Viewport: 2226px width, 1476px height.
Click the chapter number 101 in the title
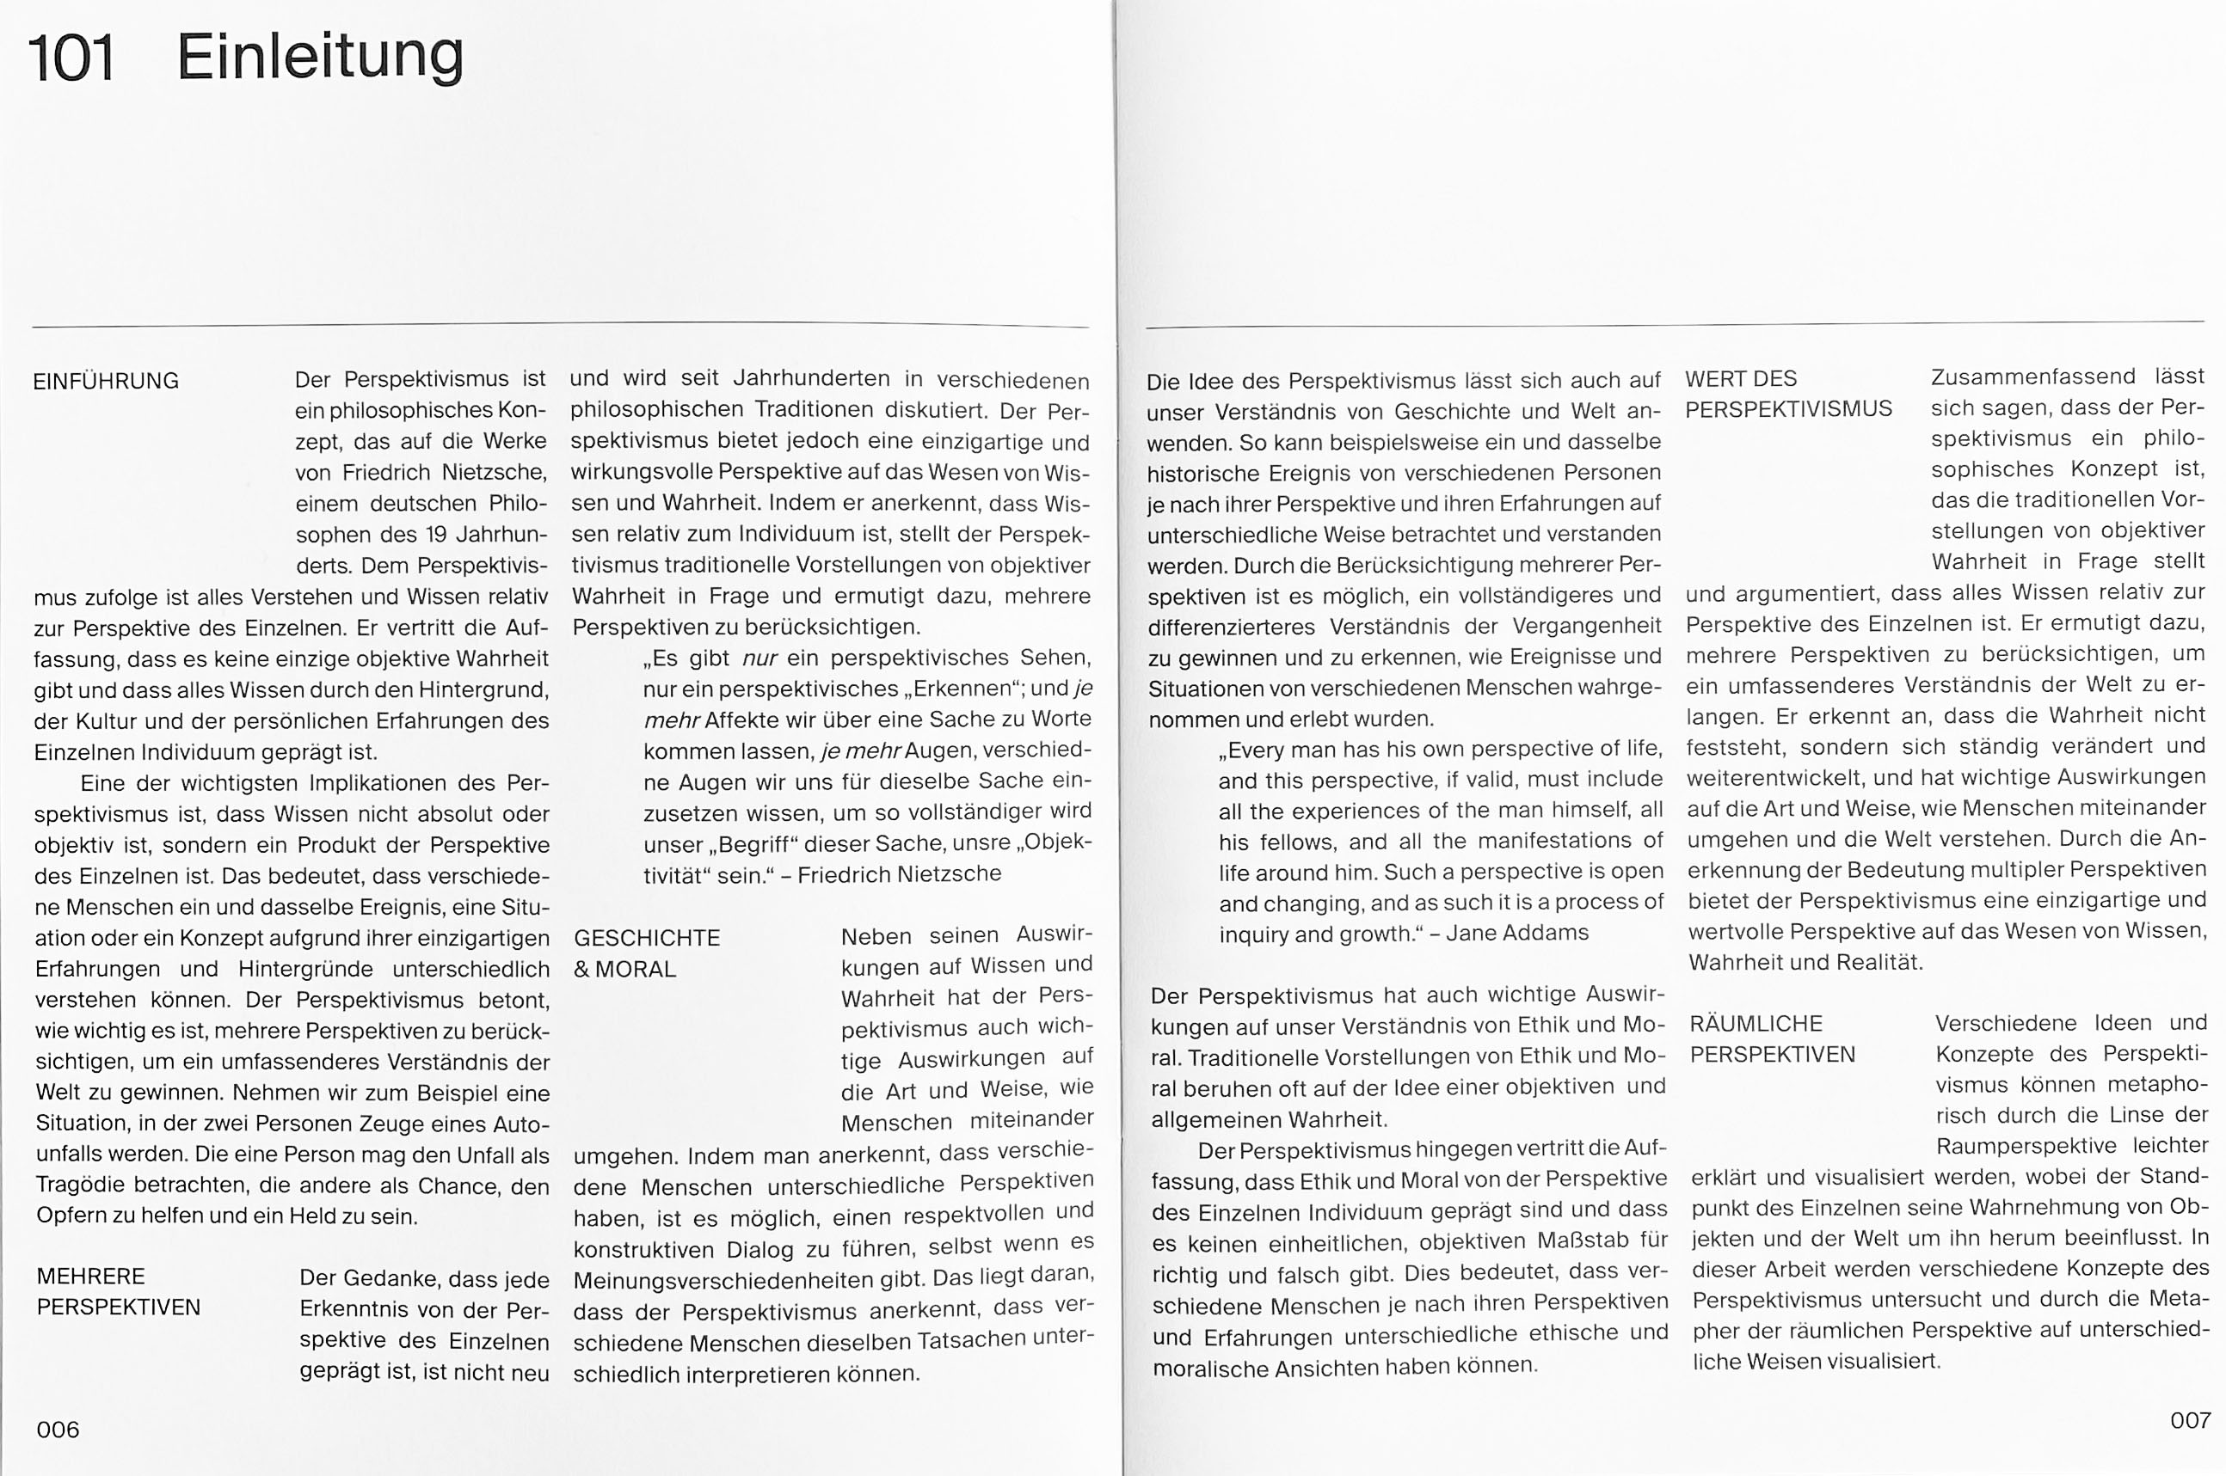click(71, 58)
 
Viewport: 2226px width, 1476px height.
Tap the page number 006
click(58, 1430)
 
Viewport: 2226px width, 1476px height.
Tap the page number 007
click(2189, 1419)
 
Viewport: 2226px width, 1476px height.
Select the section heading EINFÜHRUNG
click(106, 381)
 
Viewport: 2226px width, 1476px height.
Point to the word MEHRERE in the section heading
click(90, 1277)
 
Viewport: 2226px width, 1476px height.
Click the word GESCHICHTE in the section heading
click(647, 938)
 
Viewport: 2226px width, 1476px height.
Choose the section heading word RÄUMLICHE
click(1756, 1023)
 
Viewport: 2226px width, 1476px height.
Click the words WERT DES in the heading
click(1741, 378)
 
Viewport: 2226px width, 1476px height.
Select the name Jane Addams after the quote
click(1517, 932)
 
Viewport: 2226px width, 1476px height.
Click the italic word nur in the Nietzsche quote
click(759, 657)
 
